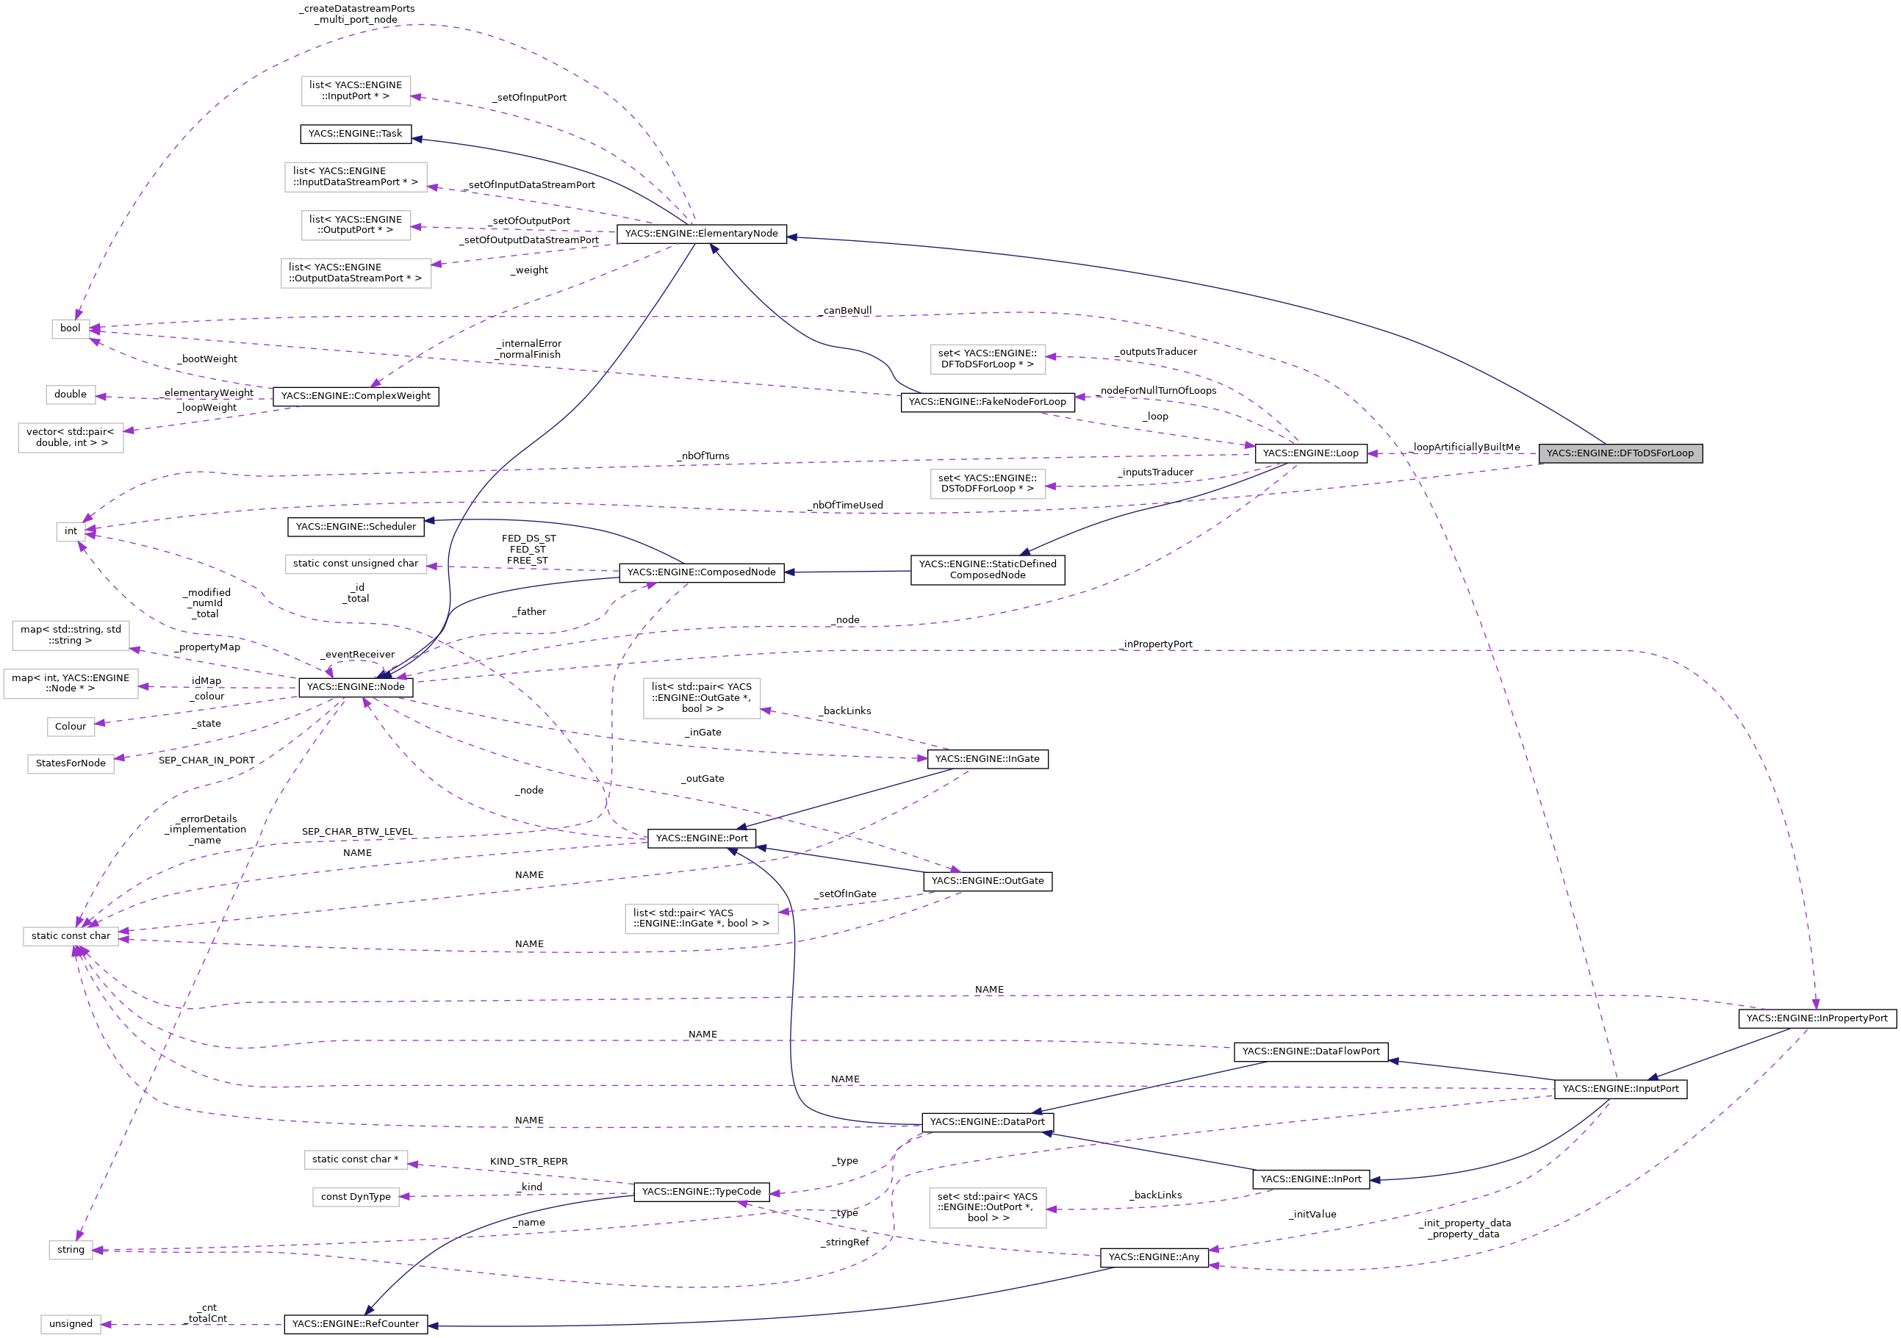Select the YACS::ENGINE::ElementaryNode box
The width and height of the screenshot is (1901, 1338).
click(700, 234)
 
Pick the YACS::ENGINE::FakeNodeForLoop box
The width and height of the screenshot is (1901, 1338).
click(987, 402)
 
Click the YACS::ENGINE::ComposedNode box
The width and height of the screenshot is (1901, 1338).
click(700, 572)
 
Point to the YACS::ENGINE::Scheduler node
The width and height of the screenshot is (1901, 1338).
click(355, 527)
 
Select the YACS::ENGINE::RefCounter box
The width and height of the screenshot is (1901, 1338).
click(355, 1323)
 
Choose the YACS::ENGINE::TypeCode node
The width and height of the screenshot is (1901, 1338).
click(700, 1192)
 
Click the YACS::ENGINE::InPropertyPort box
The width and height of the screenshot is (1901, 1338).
click(1816, 1018)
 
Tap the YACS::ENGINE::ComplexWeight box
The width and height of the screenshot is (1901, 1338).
click(355, 396)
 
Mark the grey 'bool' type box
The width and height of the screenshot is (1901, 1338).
click(71, 328)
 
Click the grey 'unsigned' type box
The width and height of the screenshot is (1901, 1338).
click(71, 1323)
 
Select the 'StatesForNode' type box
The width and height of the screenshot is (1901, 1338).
click(71, 763)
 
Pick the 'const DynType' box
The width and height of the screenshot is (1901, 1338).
click(355, 1196)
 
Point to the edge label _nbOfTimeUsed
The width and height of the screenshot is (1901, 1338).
click(847, 505)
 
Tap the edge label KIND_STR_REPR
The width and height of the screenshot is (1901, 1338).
click(528, 1161)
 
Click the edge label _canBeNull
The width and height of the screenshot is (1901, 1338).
click(847, 311)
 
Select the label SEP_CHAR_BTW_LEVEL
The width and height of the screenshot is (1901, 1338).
click(357, 831)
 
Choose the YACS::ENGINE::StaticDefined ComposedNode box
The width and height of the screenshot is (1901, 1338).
click(987, 569)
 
